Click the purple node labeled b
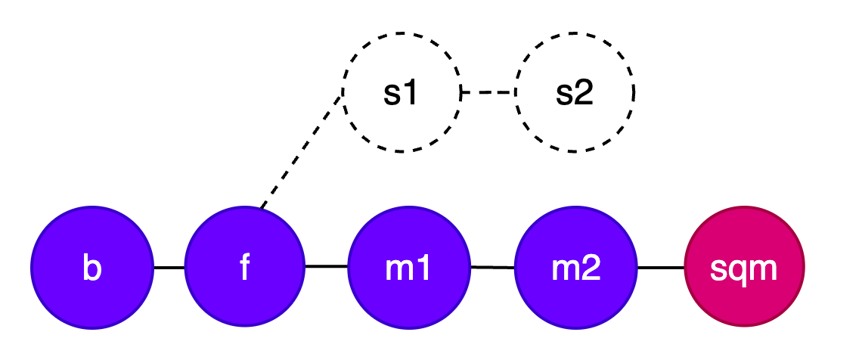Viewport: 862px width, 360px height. [x=92, y=267]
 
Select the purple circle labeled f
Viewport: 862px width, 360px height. [x=244, y=267]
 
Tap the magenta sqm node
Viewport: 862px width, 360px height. [x=744, y=267]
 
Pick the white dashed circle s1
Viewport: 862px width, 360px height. [x=402, y=92]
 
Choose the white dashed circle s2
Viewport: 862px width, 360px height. [x=575, y=92]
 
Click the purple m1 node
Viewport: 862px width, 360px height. [x=409, y=267]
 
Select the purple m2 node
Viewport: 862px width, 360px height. [x=576, y=267]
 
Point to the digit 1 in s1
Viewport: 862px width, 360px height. [x=411, y=92]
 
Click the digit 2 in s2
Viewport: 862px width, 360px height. [x=584, y=92]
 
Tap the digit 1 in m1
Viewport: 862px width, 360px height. [x=424, y=268]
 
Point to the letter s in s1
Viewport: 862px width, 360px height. [x=392, y=94]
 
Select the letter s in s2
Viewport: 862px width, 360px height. [x=565, y=94]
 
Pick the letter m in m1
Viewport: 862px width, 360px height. [x=400, y=269]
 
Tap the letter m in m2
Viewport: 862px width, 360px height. [x=566, y=269]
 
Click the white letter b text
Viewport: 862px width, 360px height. [x=91, y=268]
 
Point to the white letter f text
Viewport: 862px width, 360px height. [x=244, y=268]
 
